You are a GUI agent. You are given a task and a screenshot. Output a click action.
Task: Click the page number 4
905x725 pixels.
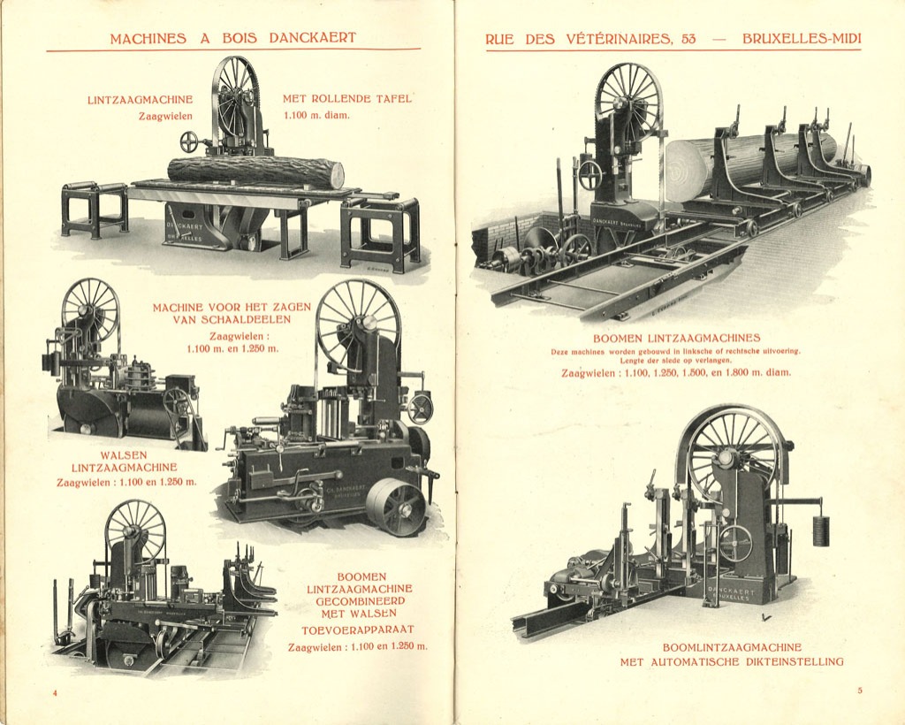coord(55,692)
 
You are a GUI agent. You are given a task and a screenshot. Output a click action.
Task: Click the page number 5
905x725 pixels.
coord(859,691)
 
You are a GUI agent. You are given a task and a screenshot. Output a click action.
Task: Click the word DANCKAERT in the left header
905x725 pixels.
coord(312,38)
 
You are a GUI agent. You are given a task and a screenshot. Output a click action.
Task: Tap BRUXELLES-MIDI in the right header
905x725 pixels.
coord(802,39)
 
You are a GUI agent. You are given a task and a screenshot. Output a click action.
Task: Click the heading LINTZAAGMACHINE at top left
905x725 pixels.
coord(140,100)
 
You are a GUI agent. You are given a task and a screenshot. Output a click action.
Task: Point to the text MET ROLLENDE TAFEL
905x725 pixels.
coord(347,99)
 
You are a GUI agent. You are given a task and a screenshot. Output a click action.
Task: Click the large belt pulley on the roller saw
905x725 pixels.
coord(395,507)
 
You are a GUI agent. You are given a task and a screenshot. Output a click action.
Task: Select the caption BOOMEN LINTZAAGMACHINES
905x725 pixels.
coord(677,338)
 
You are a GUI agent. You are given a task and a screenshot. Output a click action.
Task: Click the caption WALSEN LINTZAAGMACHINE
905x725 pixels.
coord(124,462)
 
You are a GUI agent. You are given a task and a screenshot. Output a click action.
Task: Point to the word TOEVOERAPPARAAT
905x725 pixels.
coord(359,630)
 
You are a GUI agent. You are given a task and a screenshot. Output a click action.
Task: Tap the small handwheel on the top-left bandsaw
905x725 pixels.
coord(189,141)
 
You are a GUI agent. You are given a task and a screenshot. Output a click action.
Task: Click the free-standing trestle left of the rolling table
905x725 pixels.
coord(94,208)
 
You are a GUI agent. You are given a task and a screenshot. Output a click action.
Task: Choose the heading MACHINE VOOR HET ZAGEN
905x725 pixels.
coord(232,307)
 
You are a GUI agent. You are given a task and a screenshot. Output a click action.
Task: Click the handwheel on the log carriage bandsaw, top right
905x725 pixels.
coord(589,174)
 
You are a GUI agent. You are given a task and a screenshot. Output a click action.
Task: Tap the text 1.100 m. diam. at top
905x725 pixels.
coord(316,115)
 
